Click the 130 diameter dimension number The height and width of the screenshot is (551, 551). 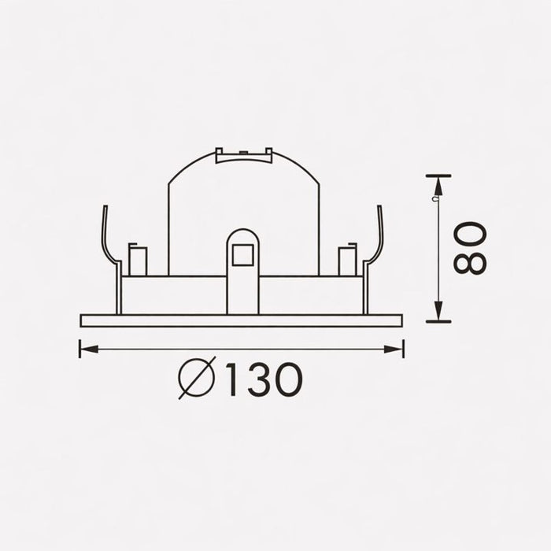click(x=264, y=379)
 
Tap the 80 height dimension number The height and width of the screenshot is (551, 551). click(x=470, y=247)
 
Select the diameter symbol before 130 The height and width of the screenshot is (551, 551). click(x=197, y=379)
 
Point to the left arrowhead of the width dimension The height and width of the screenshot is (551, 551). click(x=89, y=349)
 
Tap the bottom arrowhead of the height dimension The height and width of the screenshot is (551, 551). click(x=438, y=311)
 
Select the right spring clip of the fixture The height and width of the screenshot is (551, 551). click(x=373, y=258)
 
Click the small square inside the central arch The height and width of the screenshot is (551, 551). click(x=242, y=255)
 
